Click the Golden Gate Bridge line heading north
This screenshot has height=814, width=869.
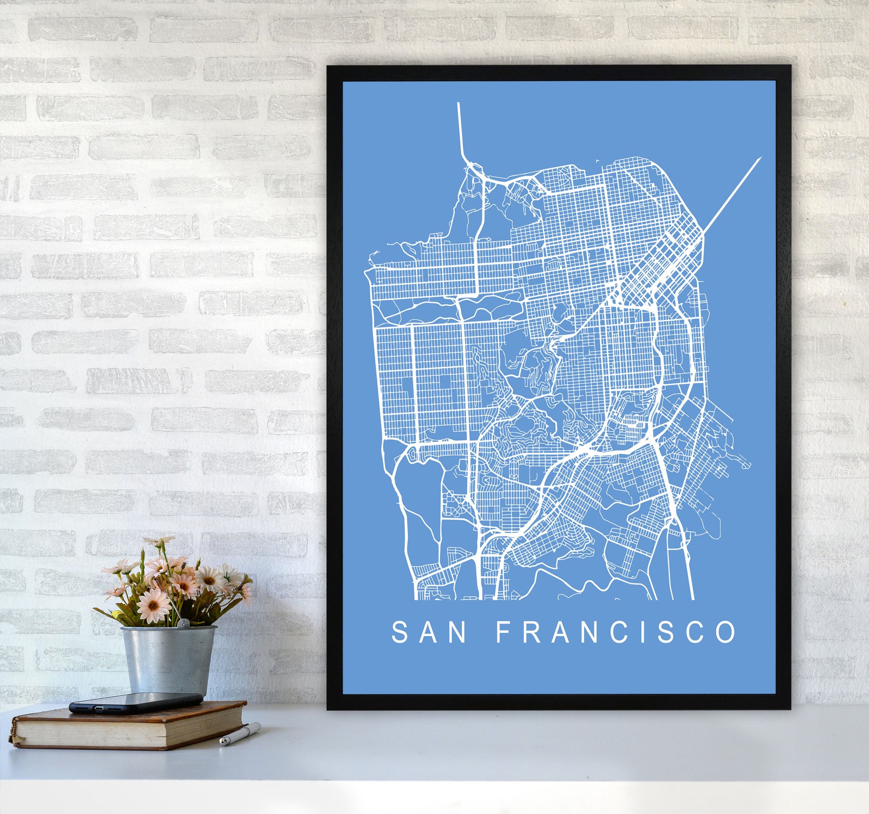point(460,129)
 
